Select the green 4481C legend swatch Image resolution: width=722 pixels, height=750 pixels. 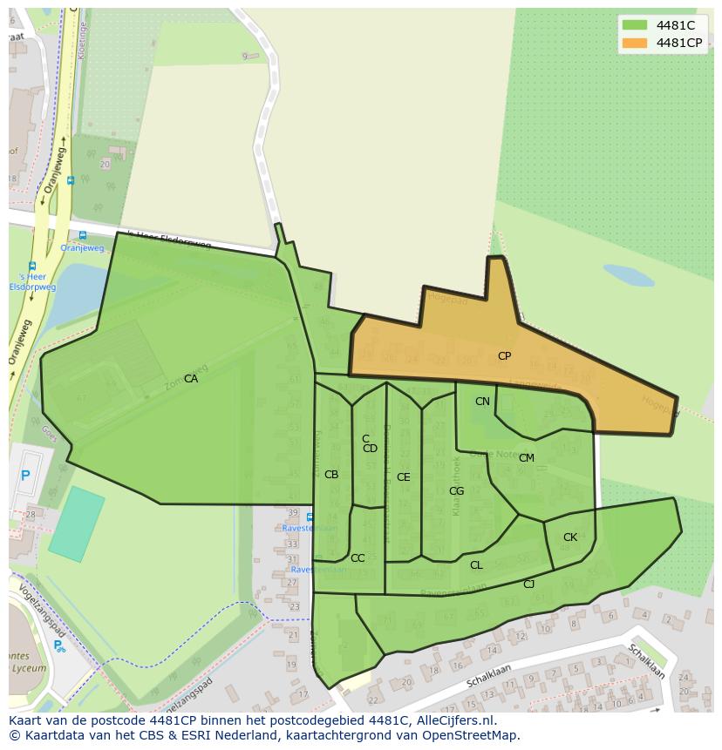pyautogui.click(x=635, y=25)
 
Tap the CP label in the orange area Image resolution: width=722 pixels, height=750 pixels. pyautogui.click(x=504, y=356)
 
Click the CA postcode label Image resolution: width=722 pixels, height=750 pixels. pyautogui.click(x=191, y=379)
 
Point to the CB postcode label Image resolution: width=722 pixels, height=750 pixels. pyautogui.click(x=331, y=475)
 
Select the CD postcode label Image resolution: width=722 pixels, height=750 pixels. pyautogui.click(x=370, y=449)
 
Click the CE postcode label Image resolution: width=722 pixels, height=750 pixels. pyautogui.click(x=403, y=477)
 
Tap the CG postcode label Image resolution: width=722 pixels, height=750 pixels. pyautogui.click(x=456, y=491)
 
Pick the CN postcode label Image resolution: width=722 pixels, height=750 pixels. pyautogui.click(x=482, y=402)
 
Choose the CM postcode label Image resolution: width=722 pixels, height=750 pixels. pyautogui.click(x=527, y=458)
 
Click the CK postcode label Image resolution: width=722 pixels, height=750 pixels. pyautogui.click(x=570, y=537)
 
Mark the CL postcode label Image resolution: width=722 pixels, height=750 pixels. pyautogui.click(x=476, y=565)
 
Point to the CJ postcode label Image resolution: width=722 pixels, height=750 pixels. pyautogui.click(x=528, y=584)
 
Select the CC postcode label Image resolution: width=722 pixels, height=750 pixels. pyautogui.click(x=358, y=558)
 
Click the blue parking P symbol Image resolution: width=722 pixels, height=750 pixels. pyautogui.click(x=25, y=476)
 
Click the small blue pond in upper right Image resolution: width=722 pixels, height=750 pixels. pyautogui.click(x=628, y=275)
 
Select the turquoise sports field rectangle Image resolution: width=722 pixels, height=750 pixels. pyautogui.click(x=76, y=523)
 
